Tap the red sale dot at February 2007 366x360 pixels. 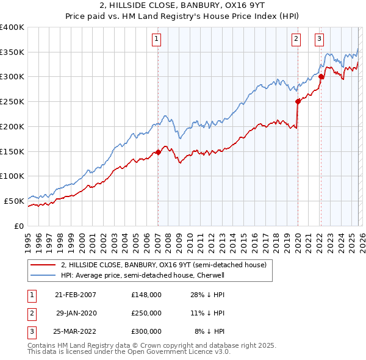158,152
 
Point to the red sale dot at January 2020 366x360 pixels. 298,101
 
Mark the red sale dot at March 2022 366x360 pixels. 321,76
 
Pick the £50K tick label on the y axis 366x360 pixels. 15,201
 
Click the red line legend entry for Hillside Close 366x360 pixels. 163,265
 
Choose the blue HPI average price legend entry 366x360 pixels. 142,276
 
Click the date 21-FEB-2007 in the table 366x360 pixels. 75,295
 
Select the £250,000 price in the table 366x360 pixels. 146,313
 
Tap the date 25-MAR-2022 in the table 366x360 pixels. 76,331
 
